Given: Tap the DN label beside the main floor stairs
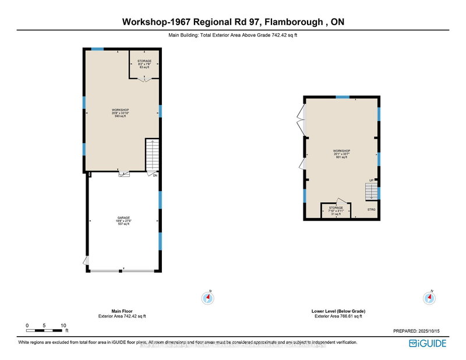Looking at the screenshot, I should (x=156, y=176).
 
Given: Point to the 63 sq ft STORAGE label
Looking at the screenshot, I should (x=144, y=64).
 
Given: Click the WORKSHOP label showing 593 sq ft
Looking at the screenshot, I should (x=121, y=112).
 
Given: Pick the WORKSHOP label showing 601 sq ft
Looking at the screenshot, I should (x=341, y=154).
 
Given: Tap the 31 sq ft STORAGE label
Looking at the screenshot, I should (x=336, y=210).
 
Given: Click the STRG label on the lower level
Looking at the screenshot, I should (x=371, y=209).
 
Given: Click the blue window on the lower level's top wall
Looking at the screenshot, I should (x=343, y=97).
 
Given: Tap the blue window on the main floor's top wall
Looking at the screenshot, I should (x=98, y=49).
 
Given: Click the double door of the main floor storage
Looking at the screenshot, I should (x=143, y=80).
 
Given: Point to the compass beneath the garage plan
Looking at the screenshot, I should (x=209, y=298).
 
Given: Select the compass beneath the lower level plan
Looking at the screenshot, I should (x=429, y=298).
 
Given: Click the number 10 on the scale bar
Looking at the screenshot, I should (x=63, y=326).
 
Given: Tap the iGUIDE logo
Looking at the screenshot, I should (x=428, y=343).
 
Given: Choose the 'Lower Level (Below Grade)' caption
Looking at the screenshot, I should (x=338, y=311).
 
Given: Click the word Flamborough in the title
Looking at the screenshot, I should (x=293, y=22).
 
